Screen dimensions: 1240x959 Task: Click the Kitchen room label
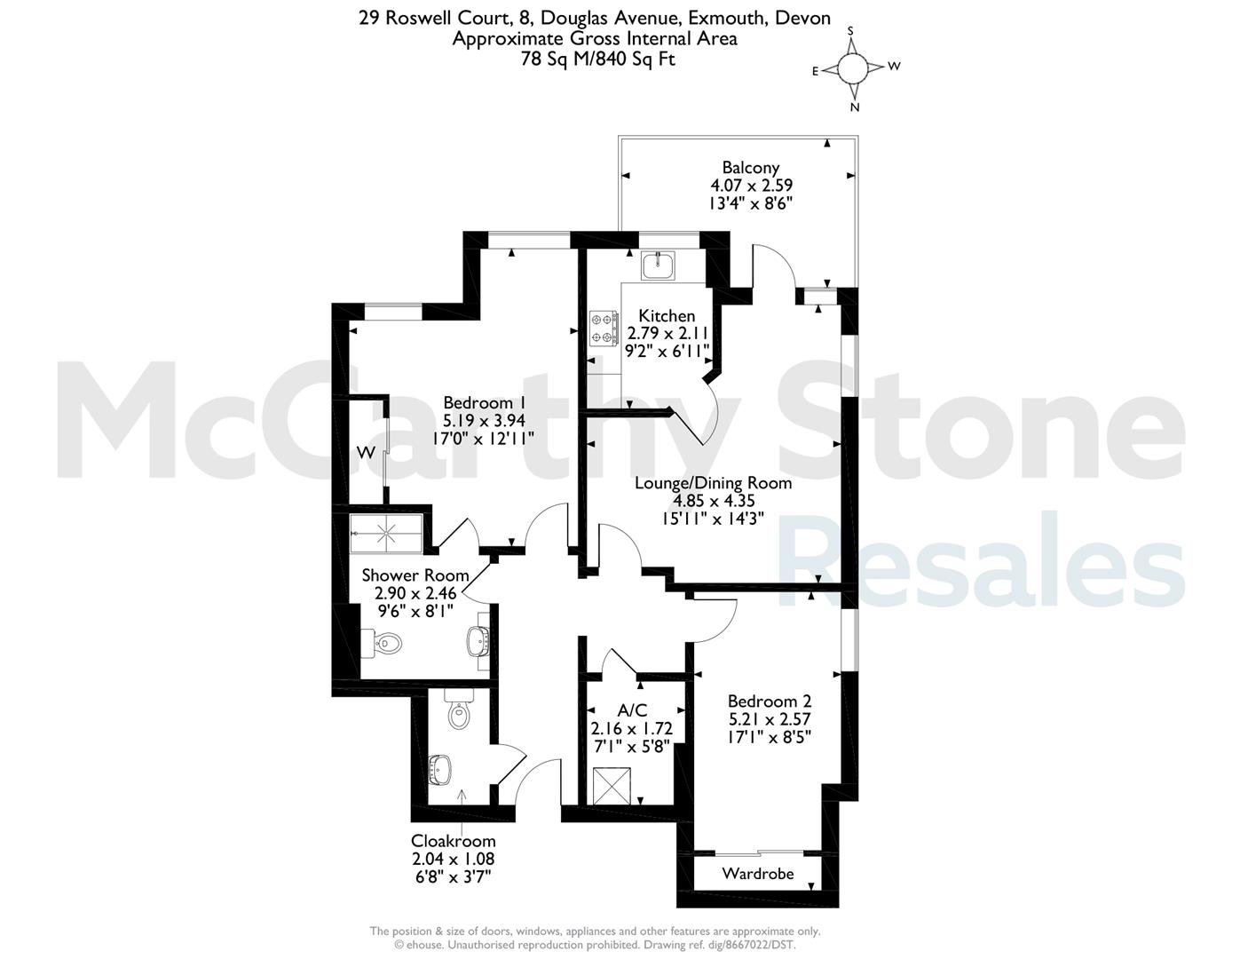tap(667, 316)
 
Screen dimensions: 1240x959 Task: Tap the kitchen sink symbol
tap(658, 266)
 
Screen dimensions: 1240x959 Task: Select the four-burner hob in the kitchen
tap(604, 328)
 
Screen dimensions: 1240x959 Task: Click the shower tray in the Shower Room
tap(386, 534)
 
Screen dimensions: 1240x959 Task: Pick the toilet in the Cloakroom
tap(460, 709)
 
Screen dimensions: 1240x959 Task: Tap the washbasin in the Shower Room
tap(478, 640)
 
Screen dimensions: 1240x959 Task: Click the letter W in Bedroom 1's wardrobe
tap(367, 453)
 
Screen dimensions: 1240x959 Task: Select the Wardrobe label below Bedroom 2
tap(758, 874)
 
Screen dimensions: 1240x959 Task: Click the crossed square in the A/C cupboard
tap(612, 786)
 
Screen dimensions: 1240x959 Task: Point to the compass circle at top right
tap(852, 68)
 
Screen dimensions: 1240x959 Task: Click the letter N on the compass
tap(855, 107)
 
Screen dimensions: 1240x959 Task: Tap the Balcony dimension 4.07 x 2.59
tap(751, 186)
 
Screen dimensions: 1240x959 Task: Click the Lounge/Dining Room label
tap(714, 483)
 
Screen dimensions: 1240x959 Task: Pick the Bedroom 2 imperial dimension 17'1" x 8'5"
tap(770, 737)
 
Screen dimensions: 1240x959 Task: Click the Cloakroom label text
tap(453, 841)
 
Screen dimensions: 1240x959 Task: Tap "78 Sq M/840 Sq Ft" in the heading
tap(597, 59)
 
